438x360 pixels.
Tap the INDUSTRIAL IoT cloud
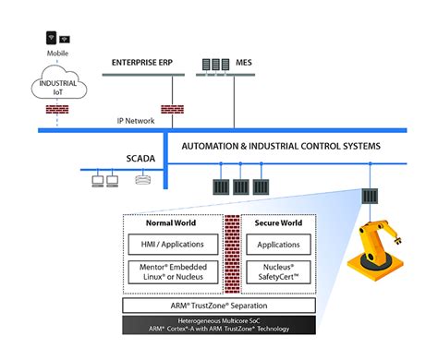pyautogui.click(x=58, y=89)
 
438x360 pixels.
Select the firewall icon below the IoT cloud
pyautogui.click(x=58, y=110)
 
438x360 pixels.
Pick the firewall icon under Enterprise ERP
pyautogui.click(x=168, y=110)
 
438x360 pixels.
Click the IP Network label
pyautogui.click(x=136, y=121)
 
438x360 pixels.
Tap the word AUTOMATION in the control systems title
pyautogui.click(x=214, y=146)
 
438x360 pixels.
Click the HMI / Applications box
pyautogui.click(x=171, y=245)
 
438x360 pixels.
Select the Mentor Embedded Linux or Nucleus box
pyautogui.click(x=171, y=274)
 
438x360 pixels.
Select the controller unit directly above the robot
pyautogui.click(x=370, y=196)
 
